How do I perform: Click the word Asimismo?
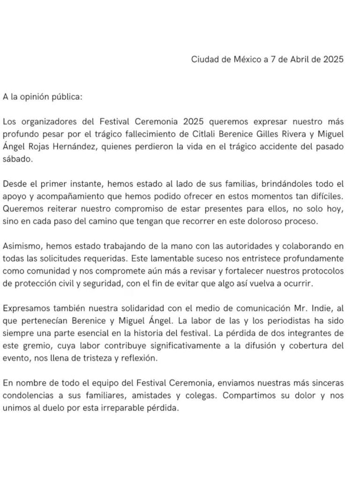pos(20,246)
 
